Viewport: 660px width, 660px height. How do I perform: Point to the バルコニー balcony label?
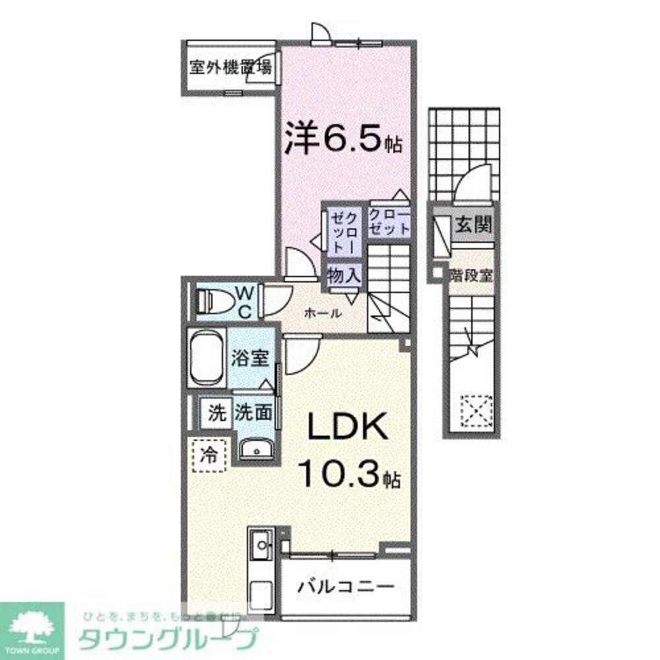(x=345, y=585)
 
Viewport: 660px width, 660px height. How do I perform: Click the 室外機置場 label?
(x=230, y=68)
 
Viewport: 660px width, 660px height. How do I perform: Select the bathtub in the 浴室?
(x=207, y=360)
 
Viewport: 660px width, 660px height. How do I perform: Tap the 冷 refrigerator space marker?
(x=209, y=455)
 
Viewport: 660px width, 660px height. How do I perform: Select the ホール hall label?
(x=323, y=313)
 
